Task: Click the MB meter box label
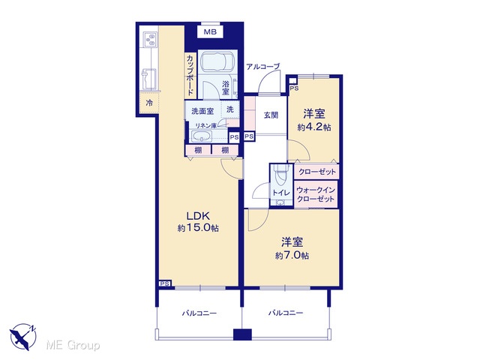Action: pos(210,31)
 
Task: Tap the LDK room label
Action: pos(198,216)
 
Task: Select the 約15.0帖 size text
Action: pos(198,228)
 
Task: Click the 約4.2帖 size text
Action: pos(314,127)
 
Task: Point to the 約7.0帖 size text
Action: pos(292,255)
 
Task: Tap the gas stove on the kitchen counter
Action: pos(150,40)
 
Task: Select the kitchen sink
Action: pos(148,79)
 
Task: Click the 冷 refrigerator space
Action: pos(149,103)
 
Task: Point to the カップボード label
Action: pos(190,75)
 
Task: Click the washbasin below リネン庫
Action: pos(201,136)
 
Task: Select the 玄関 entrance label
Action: pos(271,115)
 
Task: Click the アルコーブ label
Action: pos(263,67)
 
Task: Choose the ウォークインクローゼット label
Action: pos(316,195)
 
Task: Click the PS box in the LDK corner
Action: pos(165,283)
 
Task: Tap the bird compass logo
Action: pos(22,336)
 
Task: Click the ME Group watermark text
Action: pos(73,345)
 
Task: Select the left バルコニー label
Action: pos(199,313)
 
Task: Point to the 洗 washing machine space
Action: pos(230,109)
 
